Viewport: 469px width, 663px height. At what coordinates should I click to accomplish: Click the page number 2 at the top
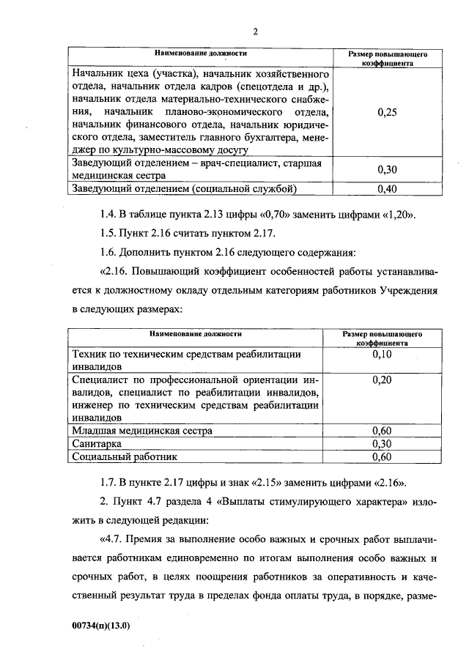(255, 32)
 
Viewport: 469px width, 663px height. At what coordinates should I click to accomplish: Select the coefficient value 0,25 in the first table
(386, 113)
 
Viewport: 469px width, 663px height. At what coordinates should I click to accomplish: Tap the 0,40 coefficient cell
(386, 189)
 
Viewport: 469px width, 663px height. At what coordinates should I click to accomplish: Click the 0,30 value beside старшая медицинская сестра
(386, 169)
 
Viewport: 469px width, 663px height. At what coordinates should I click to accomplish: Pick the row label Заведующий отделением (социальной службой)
(184, 189)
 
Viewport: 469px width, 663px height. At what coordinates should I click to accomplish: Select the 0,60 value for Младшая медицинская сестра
(383, 431)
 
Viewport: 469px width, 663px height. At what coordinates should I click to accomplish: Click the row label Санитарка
(97, 444)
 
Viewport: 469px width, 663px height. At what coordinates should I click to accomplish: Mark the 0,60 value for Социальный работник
(383, 457)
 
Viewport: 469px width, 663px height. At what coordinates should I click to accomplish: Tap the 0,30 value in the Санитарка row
(383, 444)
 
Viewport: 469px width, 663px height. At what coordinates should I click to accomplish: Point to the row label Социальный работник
(125, 457)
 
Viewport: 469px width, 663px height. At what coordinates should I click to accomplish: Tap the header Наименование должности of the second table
(196, 334)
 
